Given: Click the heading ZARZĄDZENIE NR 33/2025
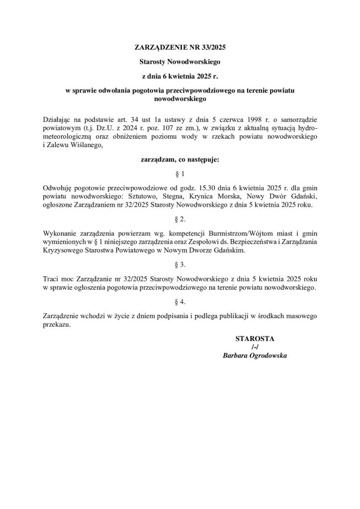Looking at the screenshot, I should pyautogui.click(x=180, y=48).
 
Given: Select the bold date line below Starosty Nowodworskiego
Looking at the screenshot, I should pyautogui.click(x=180, y=77).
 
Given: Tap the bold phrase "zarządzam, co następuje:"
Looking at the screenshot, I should pyautogui.click(x=180, y=160).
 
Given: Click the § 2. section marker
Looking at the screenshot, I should pyautogui.click(x=180, y=219).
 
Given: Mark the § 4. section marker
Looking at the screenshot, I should pyautogui.click(x=180, y=301).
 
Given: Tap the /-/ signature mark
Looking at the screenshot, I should pyautogui.click(x=255, y=347).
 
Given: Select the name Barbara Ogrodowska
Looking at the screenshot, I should pyautogui.click(x=255, y=356).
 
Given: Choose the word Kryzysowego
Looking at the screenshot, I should pyautogui.click(x=61, y=250).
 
